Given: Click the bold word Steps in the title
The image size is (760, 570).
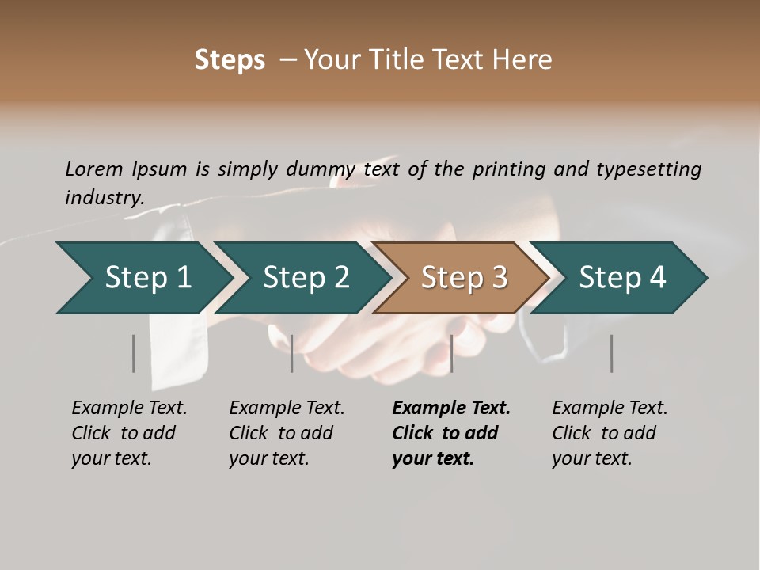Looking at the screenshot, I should (230, 60).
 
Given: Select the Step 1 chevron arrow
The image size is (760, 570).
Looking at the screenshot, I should (142, 278).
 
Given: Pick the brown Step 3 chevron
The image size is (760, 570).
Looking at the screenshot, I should (462, 278).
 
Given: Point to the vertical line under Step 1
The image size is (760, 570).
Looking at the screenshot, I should (134, 353).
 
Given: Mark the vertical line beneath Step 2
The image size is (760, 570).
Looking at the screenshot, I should (292, 353).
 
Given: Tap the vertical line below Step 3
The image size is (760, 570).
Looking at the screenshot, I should (451, 353).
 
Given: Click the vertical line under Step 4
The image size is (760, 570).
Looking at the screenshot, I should (612, 353).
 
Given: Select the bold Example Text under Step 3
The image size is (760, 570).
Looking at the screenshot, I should (451, 408).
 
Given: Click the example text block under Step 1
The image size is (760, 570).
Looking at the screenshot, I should (129, 433).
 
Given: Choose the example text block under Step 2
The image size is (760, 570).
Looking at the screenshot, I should (287, 433).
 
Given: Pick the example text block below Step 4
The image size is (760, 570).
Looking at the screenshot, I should (610, 433).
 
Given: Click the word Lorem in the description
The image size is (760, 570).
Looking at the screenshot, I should (94, 169).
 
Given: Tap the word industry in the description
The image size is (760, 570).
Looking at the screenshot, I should (104, 198).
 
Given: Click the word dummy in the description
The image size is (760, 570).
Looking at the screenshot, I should (321, 169).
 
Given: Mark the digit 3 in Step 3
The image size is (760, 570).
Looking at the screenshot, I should (499, 278).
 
